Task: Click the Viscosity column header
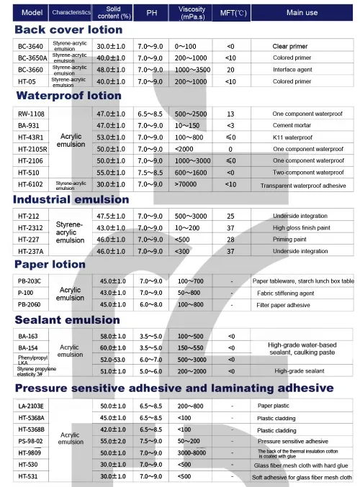[x=192, y=12]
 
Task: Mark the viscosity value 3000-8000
[x=190, y=452]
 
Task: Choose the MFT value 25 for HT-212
[x=230, y=216]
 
